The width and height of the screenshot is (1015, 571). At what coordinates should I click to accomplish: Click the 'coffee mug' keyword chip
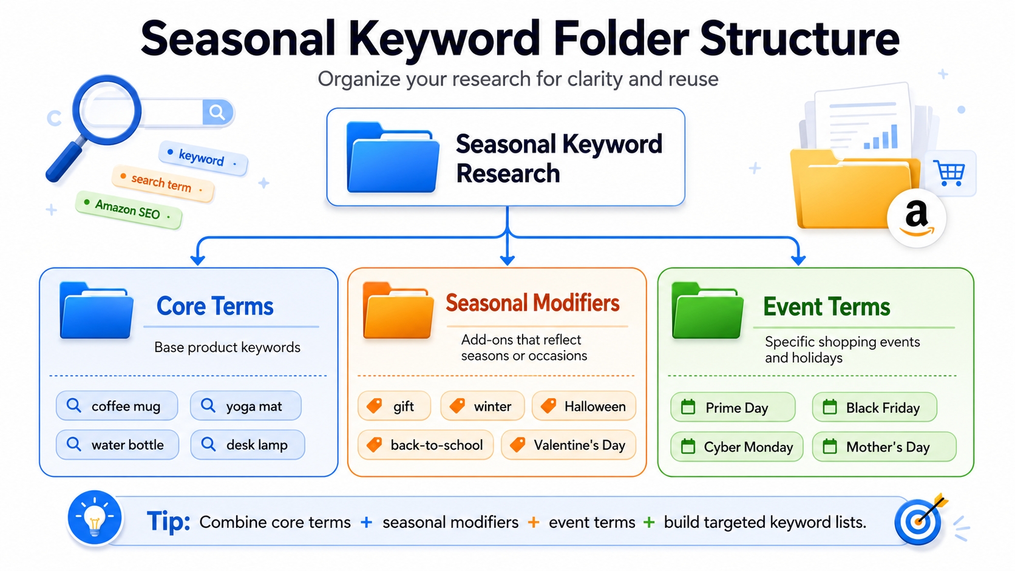(x=117, y=406)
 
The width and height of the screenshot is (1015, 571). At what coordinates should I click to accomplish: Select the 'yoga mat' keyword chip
(x=246, y=406)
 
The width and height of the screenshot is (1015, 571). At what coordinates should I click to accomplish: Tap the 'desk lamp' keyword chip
(x=248, y=445)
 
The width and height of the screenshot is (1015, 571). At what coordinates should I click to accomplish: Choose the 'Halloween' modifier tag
(x=584, y=406)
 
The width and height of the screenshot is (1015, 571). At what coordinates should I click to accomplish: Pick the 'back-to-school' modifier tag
(x=426, y=445)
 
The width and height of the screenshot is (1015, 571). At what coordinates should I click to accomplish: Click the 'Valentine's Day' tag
(x=569, y=445)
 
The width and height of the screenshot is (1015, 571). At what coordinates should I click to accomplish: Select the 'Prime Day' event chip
(x=733, y=407)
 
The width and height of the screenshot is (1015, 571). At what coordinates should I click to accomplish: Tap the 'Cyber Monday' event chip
(x=737, y=447)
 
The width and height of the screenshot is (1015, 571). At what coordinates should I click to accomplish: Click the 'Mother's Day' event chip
(x=884, y=447)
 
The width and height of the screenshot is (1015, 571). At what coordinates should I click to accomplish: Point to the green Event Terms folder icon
(x=708, y=311)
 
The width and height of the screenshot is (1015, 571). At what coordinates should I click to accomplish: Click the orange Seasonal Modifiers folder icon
(x=398, y=311)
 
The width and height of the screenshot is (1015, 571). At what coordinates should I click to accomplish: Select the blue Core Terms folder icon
(x=97, y=311)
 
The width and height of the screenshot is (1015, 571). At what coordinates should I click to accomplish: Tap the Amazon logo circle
(x=916, y=218)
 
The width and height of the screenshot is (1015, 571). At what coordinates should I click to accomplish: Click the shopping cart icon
(x=949, y=173)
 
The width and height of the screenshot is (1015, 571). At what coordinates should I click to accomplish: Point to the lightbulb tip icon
(x=95, y=518)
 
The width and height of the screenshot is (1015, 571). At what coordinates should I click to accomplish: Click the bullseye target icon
(x=919, y=520)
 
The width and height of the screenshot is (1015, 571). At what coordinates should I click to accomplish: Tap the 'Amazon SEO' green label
(x=128, y=210)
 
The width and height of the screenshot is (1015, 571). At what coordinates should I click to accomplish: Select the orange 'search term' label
(x=162, y=183)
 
